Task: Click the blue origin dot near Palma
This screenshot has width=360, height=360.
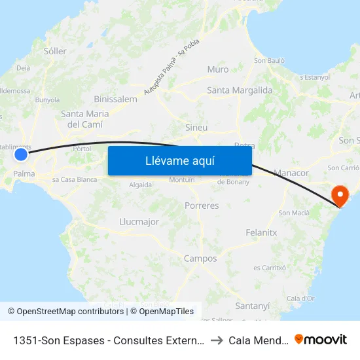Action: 21,154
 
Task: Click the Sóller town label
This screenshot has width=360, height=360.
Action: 54,50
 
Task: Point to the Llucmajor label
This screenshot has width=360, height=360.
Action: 139,222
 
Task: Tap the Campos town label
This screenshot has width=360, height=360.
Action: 200,259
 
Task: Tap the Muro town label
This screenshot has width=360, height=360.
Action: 217,69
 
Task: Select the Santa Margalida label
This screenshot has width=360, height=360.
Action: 240,90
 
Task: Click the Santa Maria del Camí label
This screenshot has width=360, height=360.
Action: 84,118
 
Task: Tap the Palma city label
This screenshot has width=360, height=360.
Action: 24,173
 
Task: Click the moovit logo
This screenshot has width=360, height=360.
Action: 321,339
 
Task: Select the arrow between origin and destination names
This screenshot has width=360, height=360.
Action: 216,340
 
